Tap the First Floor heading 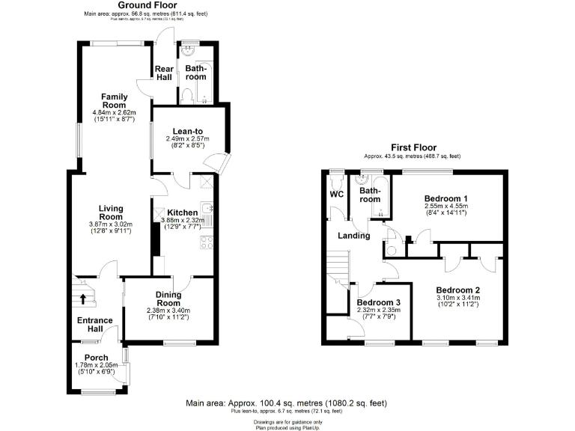point(414,147)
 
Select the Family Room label point(115,100)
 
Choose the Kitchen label point(183,213)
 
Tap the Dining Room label point(168,299)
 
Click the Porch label point(96,357)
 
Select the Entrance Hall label point(95,324)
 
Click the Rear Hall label point(164,73)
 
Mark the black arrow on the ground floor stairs point(82,299)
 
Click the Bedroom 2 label point(457,290)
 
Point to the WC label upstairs point(336,195)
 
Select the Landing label point(354,236)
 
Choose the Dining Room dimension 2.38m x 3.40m point(168,311)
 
